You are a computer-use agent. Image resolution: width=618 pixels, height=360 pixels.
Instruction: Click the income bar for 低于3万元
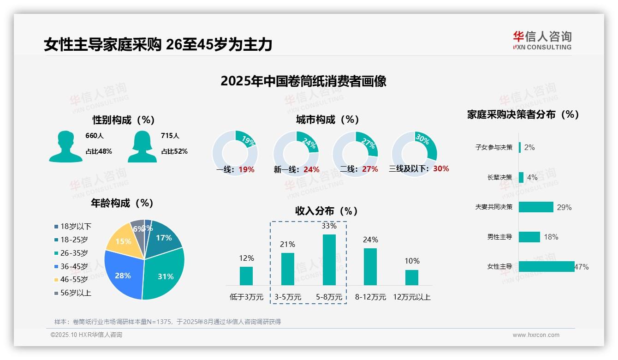246,276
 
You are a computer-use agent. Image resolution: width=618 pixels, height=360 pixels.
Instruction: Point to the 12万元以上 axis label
411,297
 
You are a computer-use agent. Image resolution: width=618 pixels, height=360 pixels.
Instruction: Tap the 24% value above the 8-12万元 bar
370,240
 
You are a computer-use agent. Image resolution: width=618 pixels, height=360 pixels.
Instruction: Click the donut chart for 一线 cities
235,153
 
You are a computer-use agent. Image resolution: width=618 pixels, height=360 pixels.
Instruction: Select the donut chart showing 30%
414,153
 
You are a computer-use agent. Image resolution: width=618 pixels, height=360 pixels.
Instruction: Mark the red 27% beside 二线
370,169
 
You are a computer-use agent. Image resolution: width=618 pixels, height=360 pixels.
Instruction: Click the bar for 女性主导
547,266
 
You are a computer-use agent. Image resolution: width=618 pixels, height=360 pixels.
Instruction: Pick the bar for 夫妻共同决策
536,207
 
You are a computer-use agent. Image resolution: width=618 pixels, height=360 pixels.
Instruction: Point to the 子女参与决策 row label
493,147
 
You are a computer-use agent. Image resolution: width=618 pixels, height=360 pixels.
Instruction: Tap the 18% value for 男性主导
551,237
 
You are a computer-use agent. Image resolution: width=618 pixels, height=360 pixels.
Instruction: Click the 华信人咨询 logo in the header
542,40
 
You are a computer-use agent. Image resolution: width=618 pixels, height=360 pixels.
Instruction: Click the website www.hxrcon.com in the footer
536,335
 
